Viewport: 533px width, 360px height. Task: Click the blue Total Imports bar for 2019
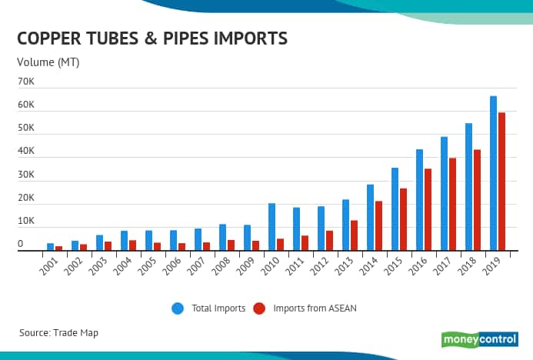493,173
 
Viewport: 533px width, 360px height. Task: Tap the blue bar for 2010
271,227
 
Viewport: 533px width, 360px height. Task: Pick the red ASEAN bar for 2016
428,209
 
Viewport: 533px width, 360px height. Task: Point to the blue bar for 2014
370,218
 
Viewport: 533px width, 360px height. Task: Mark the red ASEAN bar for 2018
477,200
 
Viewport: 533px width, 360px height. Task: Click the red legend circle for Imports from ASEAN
258,308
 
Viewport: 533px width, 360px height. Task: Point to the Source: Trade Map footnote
58,332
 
